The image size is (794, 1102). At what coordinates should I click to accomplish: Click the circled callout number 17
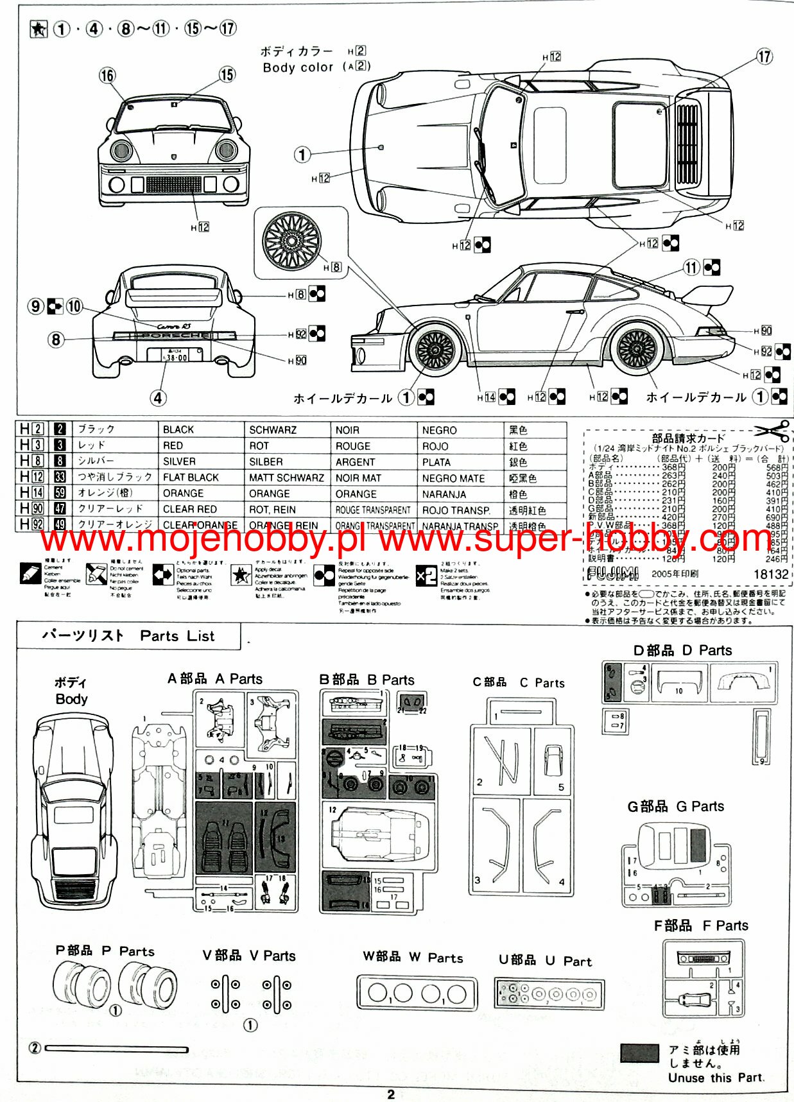pyautogui.click(x=764, y=56)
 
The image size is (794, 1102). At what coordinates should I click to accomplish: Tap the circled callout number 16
pyautogui.click(x=107, y=76)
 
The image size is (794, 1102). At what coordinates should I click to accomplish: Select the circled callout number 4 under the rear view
pyautogui.click(x=159, y=398)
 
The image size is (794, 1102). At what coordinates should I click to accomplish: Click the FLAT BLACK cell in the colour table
pyautogui.click(x=191, y=478)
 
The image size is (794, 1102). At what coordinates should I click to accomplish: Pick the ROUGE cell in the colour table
pyautogui.click(x=352, y=446)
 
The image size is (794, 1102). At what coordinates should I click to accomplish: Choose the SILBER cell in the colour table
pyautogui.click(x=266, y=462)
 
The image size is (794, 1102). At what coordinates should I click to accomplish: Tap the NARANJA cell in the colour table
pyautogui.click(x=444, y=494)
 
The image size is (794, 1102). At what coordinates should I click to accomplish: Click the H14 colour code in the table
pyautogui.click(x=31, y=493)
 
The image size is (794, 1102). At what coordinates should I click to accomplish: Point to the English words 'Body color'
pyautogui.click(x=298, y=67)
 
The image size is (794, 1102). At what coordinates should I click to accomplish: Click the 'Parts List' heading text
pyautogui.click(x=177, y=636)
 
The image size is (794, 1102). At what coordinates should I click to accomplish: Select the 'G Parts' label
pyautogui.click(x=700, y=806)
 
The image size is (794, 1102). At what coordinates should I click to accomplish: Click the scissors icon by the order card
pyautogui.click(x=772, y=431)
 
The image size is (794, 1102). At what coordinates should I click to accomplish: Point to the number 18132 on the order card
pyautogui.click(x=770, y=574)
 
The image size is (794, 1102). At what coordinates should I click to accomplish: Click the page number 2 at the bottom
pyautogui.click(x=391, y=1094)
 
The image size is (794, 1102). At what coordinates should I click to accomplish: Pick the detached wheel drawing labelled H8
pyautogui.click(x=291, y=240)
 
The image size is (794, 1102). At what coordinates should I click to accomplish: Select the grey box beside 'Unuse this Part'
pyautogui.click(x=639, y=1053)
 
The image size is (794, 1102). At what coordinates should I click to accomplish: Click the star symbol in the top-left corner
pyautogui.click(x=39, y=29)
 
